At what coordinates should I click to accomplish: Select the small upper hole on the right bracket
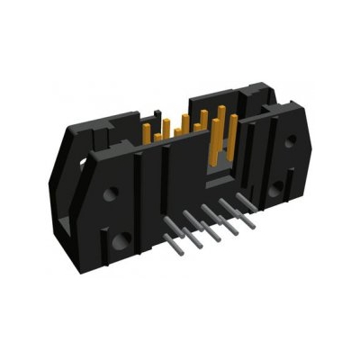[x=290, y=140]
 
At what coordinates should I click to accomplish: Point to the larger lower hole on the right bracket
[x=277, y=187]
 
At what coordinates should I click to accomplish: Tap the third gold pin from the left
[x=185, y=122]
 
